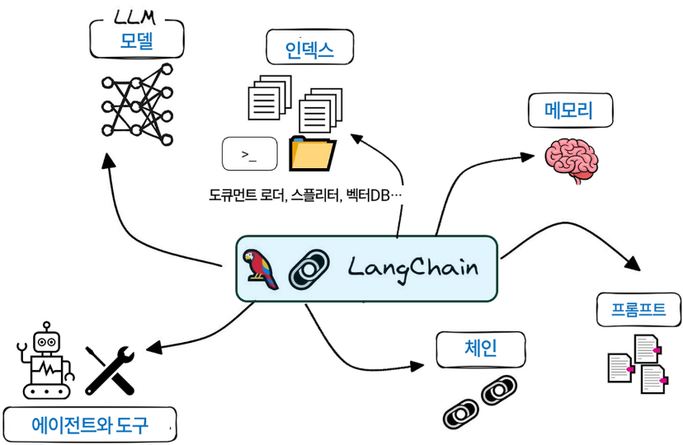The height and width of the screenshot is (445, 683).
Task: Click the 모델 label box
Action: [x=137, y=41]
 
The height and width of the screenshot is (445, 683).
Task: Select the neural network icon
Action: [x=137, y=105]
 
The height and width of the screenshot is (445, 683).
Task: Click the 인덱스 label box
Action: [x=309, y=49]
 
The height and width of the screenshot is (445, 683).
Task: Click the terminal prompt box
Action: [x=249, y=154]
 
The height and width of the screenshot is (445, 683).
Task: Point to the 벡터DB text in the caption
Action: [x=371, y=196]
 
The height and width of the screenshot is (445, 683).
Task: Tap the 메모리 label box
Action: [x=569, y=110]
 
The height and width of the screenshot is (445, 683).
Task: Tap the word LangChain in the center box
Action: [x=412, y=269]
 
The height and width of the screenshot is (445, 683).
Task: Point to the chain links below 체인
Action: [x=479, y=400]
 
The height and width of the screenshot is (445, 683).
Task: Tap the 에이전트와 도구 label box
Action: [x=89, y=425]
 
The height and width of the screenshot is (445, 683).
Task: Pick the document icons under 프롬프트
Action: [x=635, y=363]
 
